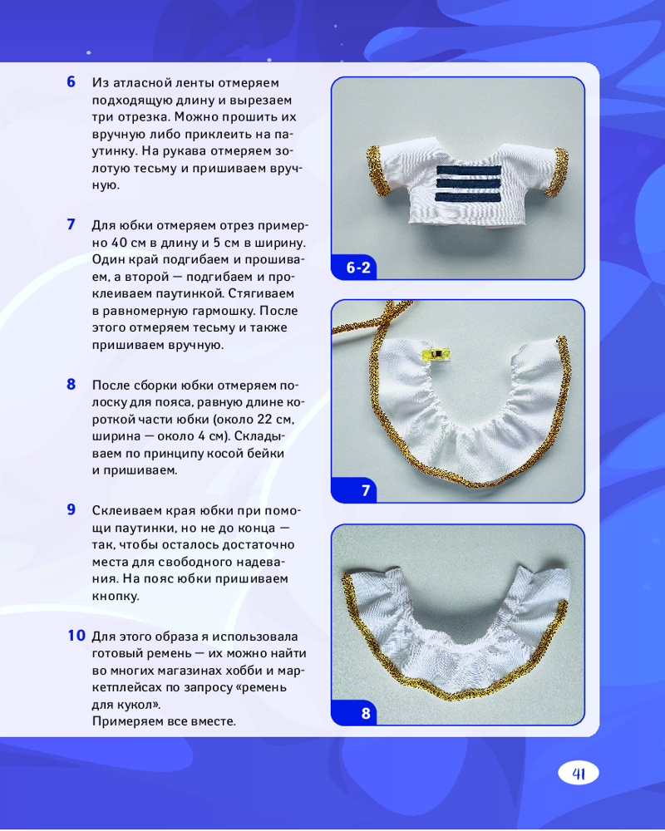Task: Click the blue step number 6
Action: [71, 81]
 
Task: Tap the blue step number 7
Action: [71, 224]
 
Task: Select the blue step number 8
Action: [71, 384]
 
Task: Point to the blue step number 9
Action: [71, 509]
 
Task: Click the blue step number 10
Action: [76, 635]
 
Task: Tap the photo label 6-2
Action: [358, 268]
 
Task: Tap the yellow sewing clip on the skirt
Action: [436, 353]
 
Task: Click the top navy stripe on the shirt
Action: [469, 170]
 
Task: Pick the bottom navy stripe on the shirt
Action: [468, 197]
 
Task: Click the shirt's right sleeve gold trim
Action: [559, 171]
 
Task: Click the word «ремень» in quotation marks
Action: [261, 687]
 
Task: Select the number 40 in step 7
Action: [121, 243]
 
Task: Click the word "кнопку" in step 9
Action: [116, 596]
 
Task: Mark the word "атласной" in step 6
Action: [150, 82]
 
